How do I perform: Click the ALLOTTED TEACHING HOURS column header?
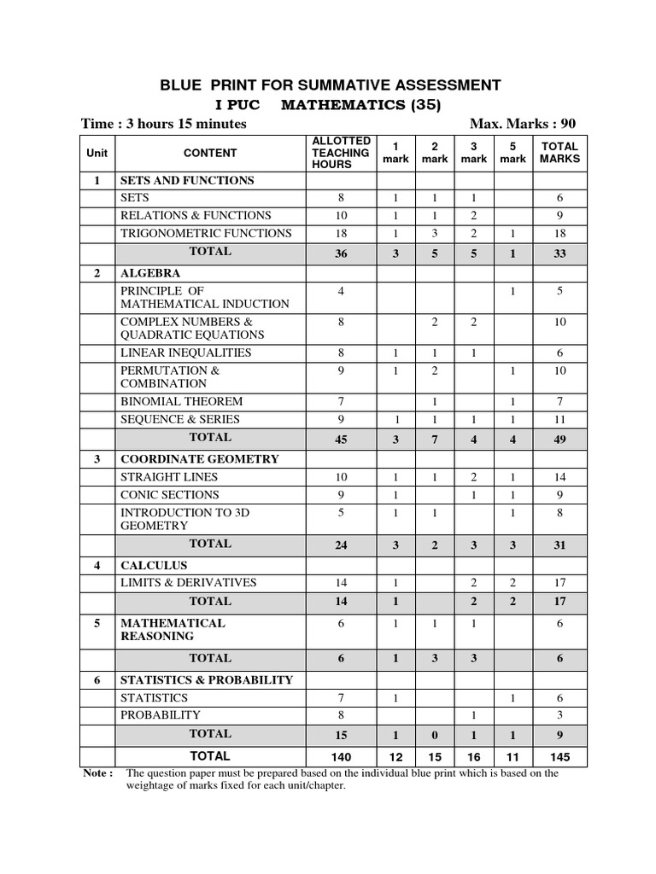tap(342, 153)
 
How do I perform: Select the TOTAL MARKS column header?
tap(559, 153)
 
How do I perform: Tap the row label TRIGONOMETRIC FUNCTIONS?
tap(206, 233)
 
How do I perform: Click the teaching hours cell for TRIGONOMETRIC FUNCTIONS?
tap(342, 233)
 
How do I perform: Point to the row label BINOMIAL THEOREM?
tap(182, 401)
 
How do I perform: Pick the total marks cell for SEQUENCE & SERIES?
tap(559, 419)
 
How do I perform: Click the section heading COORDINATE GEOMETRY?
tap(199, 458)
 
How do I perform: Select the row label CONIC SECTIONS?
tap(170, 494)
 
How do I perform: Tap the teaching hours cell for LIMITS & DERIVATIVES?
tap(342, 583)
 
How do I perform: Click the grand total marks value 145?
tap(559, 756)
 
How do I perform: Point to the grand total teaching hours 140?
tap(342, 756)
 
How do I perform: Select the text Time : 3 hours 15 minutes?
tap(164, 124)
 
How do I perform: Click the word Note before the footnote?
tap(97, 773)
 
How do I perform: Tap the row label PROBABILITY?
tap(161, 714)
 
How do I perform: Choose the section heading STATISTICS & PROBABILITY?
tap(206, 679)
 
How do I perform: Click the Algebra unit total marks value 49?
tap(559, 439)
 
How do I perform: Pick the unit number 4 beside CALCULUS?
tap(97, 565)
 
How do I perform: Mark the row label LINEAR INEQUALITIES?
tap(185, 353)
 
